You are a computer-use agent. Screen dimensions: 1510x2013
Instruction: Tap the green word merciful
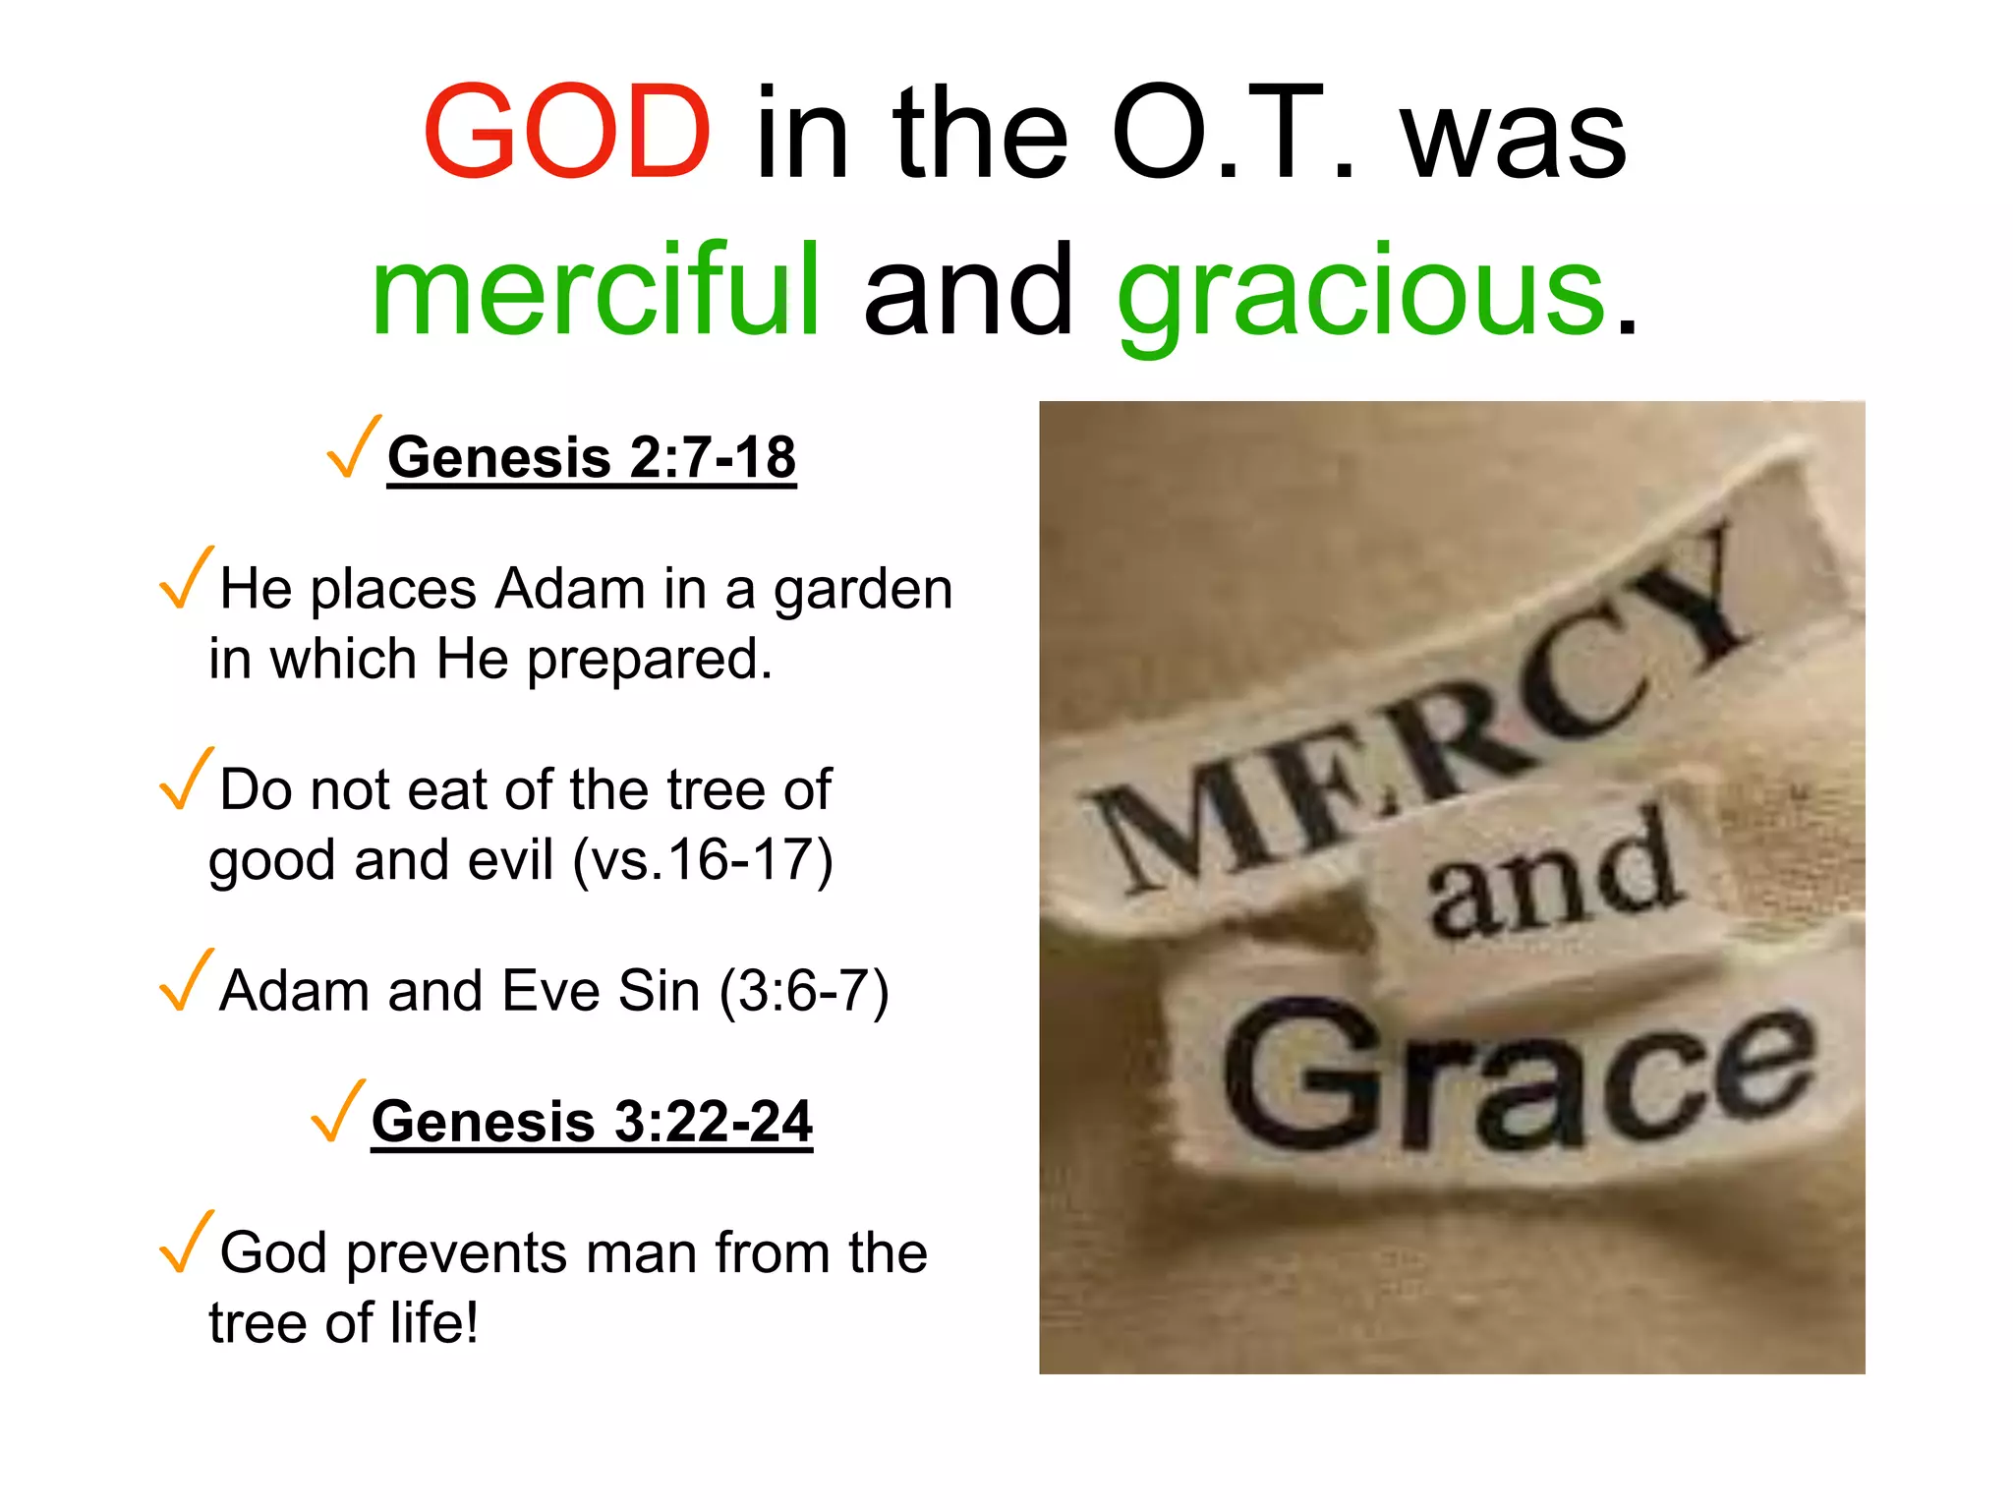click(x=596, y=290)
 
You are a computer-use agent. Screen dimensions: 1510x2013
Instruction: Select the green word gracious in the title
click(x=1361, y=292)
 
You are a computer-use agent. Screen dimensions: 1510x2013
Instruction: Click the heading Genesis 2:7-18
click(x=592, y=458)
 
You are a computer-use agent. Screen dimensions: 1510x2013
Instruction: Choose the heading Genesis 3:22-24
click(x=592, y=1122)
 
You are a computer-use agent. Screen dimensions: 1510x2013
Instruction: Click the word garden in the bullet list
click(x=863, y=590)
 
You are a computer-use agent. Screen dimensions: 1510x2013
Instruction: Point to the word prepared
click(x=650, y=660)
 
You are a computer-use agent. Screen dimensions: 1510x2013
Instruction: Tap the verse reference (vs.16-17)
click(x=703, y=860)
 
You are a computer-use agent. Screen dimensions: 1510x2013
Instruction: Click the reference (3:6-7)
click(x=804, y=991)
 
